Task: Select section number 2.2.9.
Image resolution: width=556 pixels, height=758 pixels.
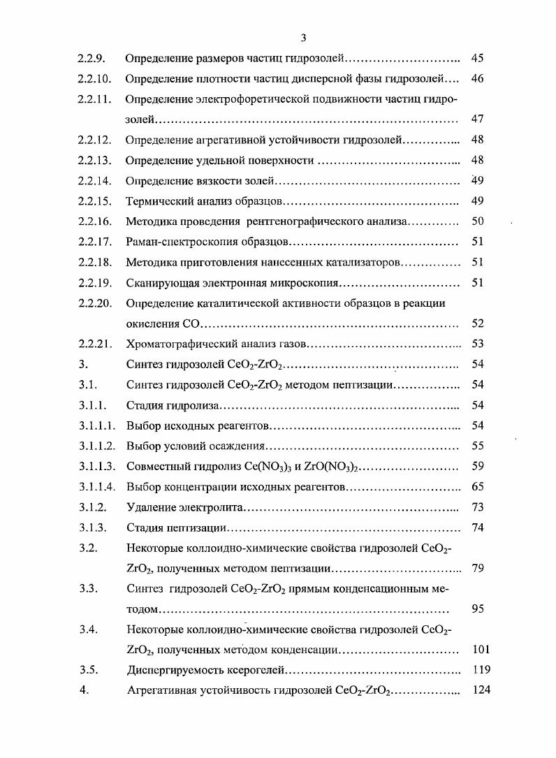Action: (92, 59)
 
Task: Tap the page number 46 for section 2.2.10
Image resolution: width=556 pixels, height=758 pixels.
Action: (478, 79)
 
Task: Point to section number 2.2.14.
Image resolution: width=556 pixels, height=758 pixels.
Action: (95, 181)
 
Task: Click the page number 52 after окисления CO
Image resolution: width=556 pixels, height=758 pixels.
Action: (478, 324)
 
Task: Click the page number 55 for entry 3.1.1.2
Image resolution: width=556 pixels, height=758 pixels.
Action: (478, 446)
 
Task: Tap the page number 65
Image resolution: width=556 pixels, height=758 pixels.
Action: (478, 487)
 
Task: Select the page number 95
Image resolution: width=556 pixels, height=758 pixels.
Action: (478, 609)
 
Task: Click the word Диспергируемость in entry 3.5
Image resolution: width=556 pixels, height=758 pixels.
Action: (173, 670)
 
